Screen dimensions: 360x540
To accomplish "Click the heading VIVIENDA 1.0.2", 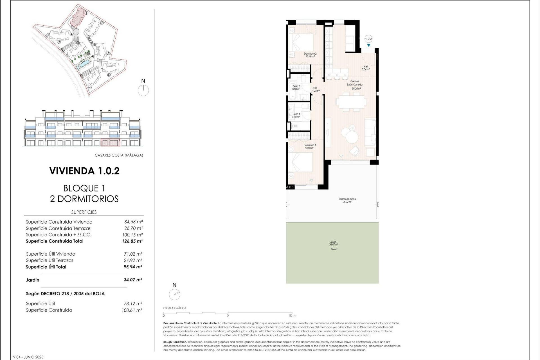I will click(84, 171).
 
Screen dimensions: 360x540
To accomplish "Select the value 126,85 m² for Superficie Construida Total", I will click(132, 241).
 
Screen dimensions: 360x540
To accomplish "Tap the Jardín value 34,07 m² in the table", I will click(133, 280).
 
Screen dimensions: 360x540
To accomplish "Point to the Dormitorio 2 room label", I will click(310, 55).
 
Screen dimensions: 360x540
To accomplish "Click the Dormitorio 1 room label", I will click(309, 147).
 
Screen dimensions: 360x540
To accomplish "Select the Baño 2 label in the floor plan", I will click(296, 88).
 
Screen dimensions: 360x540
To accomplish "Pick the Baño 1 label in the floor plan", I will click(296, 116).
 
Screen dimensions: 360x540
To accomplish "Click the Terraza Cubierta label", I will click(347, 200).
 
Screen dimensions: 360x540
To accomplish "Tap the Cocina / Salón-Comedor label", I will click(354, 85).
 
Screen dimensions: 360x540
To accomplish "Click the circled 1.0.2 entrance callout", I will click(368, 39).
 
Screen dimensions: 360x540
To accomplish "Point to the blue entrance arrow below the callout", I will click(368, 45).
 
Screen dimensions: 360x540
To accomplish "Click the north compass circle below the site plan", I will click(143, 91).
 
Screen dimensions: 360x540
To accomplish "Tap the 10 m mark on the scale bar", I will click(292, 316).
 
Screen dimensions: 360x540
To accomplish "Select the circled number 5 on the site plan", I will click(109, 75).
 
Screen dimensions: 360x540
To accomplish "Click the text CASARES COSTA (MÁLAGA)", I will click(119, 155).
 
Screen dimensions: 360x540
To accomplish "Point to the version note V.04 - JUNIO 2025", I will click(28, 357).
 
